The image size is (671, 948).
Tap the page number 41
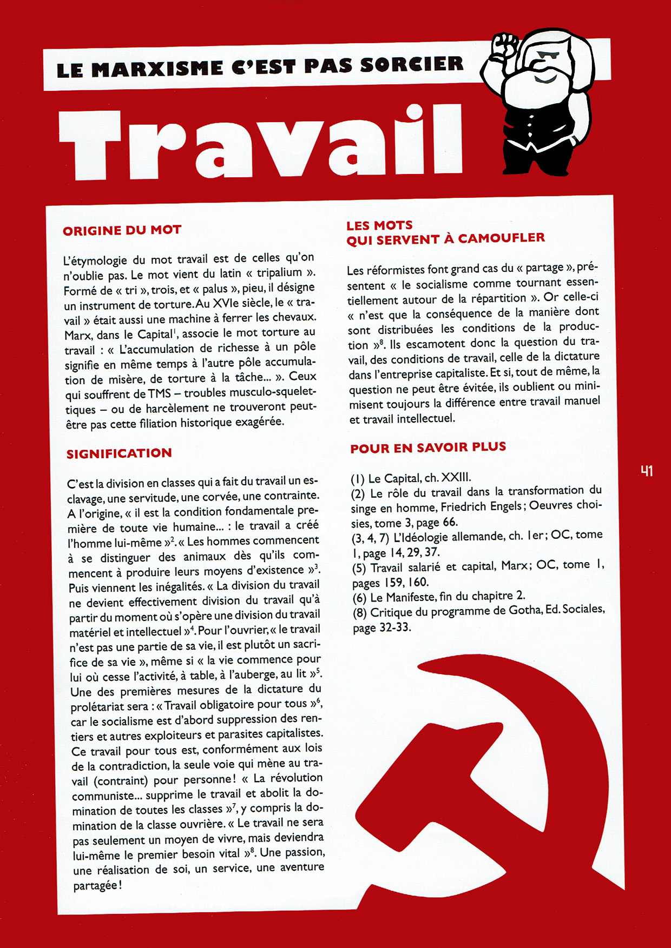pyautogui.click(x=647, y=471)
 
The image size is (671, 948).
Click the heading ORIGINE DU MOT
pyautogui.click(x=122, y=230)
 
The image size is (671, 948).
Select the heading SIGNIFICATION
pyautogui.click(x=119, y=453)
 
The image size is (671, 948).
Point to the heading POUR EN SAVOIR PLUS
pyautogui.click(x=428, y=448)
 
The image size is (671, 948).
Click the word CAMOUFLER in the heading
pyautogui.click(x=501, y=238)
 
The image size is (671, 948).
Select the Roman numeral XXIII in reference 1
pyautogui.click(x=456, y=477)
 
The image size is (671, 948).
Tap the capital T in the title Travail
pyautogui.click(x=92, y=143)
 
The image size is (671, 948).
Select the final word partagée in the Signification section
pyautogui.click(x=95, y=886)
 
